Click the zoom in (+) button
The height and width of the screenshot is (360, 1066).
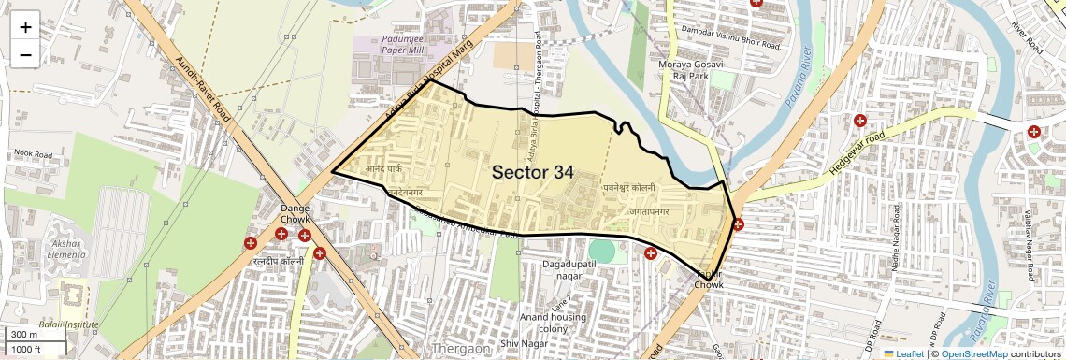[x=25, y=27]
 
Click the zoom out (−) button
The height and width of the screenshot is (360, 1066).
[x=25, y=55]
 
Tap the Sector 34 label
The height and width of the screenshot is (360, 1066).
[x=532, y=172]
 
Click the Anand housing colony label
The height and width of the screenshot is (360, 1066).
[x=553, y=322]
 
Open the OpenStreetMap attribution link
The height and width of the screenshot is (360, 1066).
[x=973, y=353]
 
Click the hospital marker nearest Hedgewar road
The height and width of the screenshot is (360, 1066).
[x=859, y=121]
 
